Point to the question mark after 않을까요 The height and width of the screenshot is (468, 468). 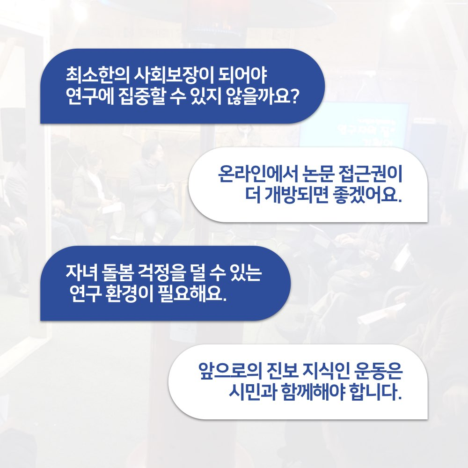pos(294,96)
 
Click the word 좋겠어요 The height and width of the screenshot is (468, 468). pos(366,195)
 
